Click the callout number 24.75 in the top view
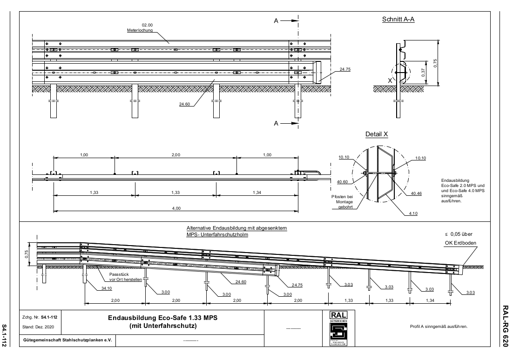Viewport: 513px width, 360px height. tap(345, 69)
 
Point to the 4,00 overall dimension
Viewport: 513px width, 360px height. tap(176, 208)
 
